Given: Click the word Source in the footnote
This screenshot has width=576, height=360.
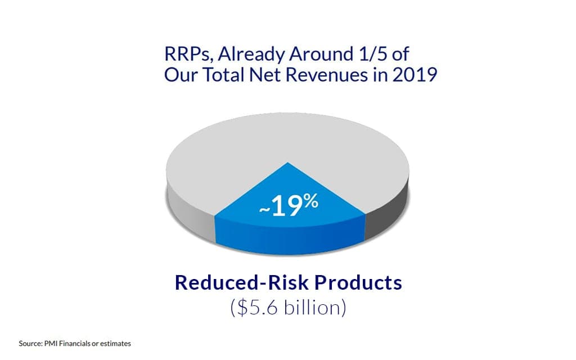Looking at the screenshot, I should tap(30, 343).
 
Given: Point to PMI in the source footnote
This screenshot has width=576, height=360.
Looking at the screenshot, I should tap(49, 343).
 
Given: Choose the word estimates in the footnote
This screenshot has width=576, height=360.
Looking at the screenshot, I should tap(117, 343).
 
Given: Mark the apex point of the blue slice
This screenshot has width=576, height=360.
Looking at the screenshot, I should tap(288, 163).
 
